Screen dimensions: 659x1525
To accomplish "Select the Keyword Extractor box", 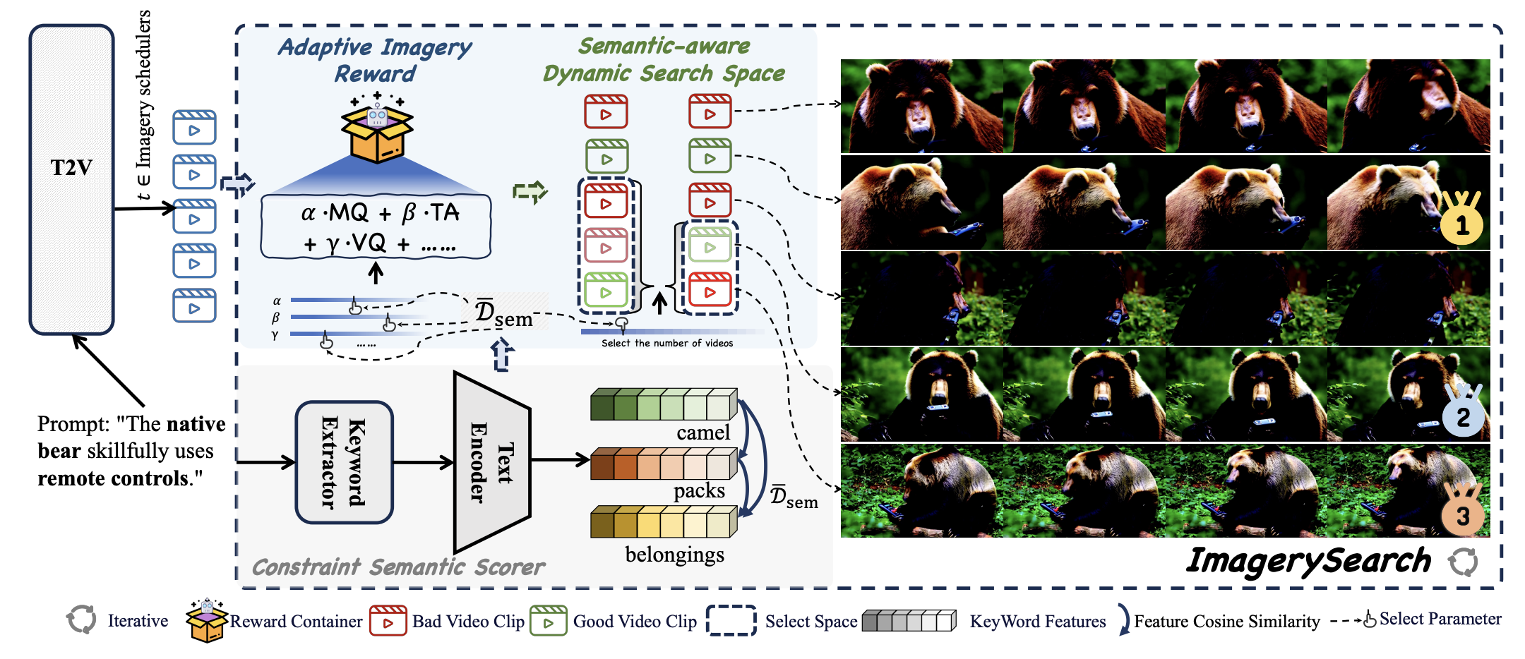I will point(344,462).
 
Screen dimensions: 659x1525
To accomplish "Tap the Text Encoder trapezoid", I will point(491,462).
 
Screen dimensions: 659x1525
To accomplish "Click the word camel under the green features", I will point(702,433).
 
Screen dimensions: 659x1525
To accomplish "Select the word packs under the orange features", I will point(698,490).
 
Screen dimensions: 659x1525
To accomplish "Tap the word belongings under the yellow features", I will point(674,555).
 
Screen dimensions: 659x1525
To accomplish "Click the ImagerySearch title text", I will point(1308,561).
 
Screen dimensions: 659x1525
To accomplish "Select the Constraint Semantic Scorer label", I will point(398,567).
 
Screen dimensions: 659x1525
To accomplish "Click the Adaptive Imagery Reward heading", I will point(375,60).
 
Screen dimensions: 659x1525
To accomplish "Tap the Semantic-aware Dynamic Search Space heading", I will point(664,60).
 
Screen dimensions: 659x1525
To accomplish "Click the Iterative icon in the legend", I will point(81,619).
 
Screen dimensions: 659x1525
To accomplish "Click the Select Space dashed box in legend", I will point(731,620).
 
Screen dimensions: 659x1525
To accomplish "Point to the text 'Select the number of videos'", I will point(666,343).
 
